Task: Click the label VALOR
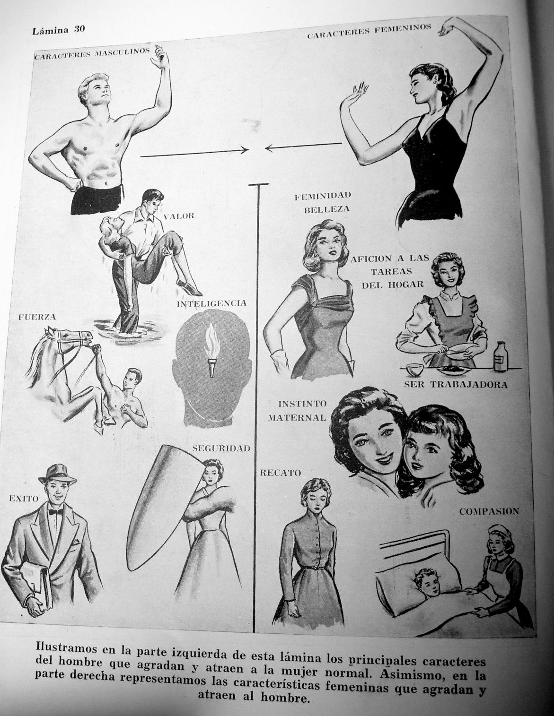point(179,216)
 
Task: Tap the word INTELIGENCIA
point(211,303)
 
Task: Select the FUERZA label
point(37,317)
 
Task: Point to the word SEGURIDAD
point(221,448)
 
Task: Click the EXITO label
point(24,499)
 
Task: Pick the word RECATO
point(280,473)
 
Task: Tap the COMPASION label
point(489,511)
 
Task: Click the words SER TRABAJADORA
point(456,385)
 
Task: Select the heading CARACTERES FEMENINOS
point(369,31)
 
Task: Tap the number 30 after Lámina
point(79,29)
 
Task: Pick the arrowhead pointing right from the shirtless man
point(244,150)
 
